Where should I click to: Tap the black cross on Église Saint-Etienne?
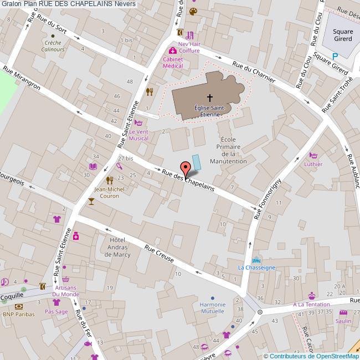coord(209,97)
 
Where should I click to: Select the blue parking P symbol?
coord(335,56)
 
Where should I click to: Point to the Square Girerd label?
coord(343,35)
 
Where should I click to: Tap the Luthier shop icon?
coord(313,156)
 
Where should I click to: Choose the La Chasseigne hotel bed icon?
coord(255,260)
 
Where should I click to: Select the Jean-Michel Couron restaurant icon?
coord(110,179)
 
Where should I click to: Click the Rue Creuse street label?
coord(159,254)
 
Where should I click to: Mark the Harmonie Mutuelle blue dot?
coord(213,305)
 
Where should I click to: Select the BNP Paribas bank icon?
coord(19,306)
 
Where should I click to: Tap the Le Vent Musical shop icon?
coord(138,124)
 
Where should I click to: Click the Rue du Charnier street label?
coord(254,71)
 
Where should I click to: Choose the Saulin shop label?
coord(343,321)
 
